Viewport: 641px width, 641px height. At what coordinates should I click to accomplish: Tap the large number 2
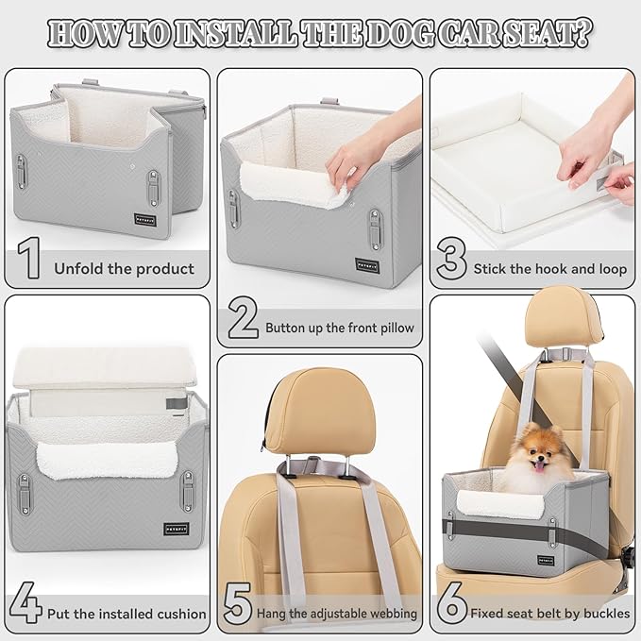[x=243, y=321]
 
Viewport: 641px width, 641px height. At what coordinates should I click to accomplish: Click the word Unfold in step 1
[x=79, y=269]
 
